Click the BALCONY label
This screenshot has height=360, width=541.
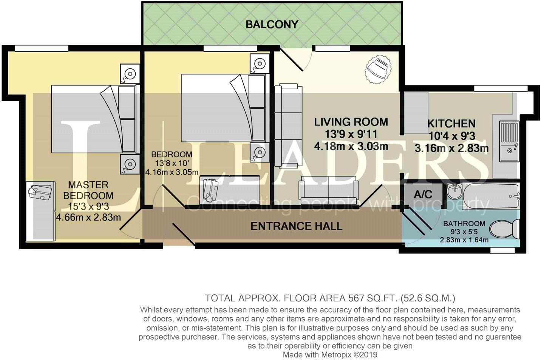[272, 25]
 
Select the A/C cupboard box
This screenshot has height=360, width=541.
[423, 195]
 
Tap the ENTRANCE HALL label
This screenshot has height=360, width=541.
[296, 226]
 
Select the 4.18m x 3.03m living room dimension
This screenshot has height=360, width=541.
[351, 147]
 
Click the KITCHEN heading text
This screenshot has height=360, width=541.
[451, 124]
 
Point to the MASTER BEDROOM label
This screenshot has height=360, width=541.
[88, 190]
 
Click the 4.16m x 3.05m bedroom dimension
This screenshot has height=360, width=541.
[172, 173]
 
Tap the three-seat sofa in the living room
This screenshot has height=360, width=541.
[288, 126]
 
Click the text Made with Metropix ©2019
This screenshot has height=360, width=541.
[330, 355]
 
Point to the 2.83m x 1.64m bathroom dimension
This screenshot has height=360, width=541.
[464, 240]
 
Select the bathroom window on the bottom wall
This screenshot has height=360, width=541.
[502, 250]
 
